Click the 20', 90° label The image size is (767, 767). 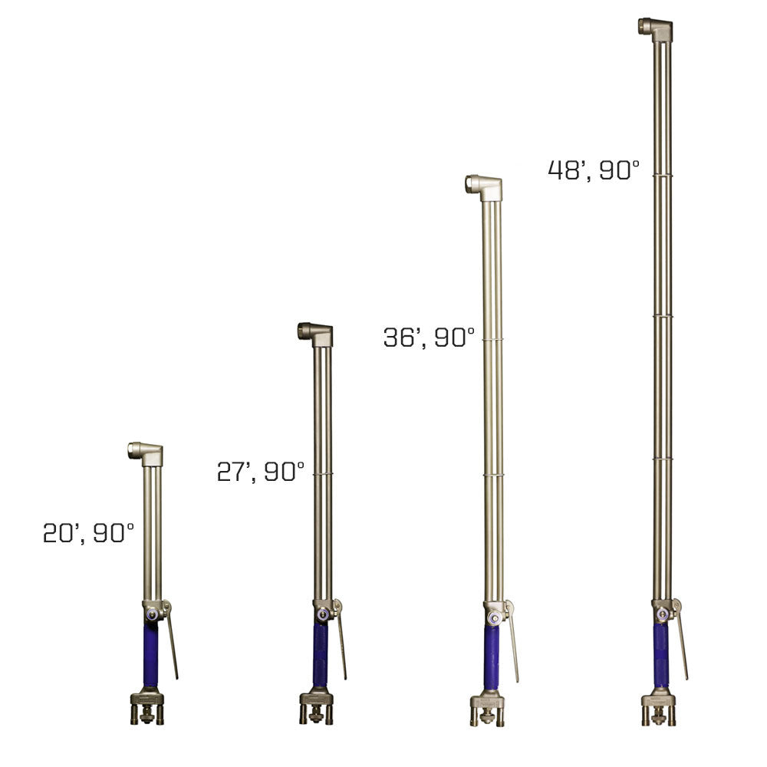(88, 532)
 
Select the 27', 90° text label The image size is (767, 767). (260, 471)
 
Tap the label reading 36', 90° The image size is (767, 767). (429, 337)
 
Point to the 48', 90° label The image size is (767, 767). (593, 170)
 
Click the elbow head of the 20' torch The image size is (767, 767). (146, 453)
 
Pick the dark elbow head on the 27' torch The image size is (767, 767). (315, 334)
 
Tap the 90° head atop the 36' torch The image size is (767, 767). (484, 186)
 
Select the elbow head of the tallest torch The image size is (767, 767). (656, 28)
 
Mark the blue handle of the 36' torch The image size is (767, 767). (491, 657)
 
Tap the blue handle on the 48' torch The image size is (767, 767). (660, 654)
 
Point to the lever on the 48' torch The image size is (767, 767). (681, 644)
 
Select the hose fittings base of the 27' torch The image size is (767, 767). (316, 707)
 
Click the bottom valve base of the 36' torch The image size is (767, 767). (487, 709)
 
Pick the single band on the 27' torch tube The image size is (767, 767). (323, 474)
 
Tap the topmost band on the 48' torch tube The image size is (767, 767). (662, 175)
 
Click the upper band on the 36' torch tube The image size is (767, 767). (492, 338)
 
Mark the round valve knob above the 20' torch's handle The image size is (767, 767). (151, 614)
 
